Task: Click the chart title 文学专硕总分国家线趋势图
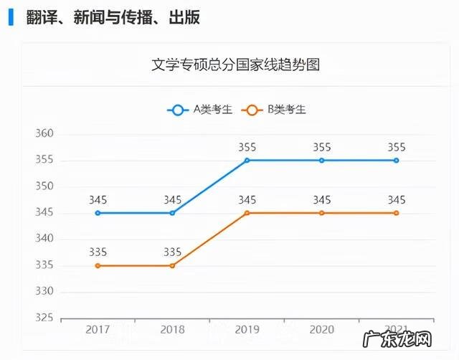point(235,65)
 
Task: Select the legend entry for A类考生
point(200,110)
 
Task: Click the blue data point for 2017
point(98,213)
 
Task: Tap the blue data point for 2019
point(247,160)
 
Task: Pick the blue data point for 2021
point(397,160)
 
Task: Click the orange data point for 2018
point(172,265)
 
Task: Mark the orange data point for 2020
point(322,213)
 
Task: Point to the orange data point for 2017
point(98,265)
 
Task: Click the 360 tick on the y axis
point(45,134)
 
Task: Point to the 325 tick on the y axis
point(45,318)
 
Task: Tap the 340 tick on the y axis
point(45,239)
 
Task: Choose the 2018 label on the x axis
point(172,330)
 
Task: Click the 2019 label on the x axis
point(247,330)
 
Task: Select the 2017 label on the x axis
point(98,330)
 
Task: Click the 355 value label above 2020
point(322,147)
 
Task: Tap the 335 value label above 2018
point(172,252)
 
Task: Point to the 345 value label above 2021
point(397,200)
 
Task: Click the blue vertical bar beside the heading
point(10,17)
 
